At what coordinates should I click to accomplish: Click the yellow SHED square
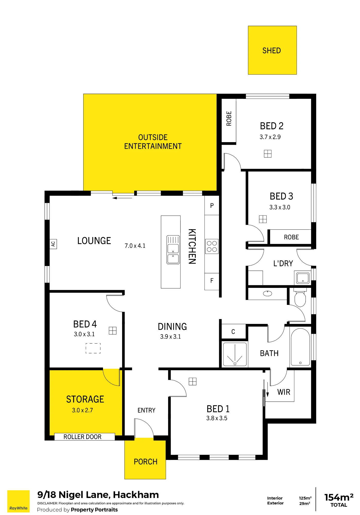coord(272,50)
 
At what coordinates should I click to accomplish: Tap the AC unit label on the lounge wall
coord(53,244)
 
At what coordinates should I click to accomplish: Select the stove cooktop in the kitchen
coord(212,246)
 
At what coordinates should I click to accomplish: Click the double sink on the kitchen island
coord(173,250)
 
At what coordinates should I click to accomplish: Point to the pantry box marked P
coord(212,205)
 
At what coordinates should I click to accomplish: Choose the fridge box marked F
coord(212,281)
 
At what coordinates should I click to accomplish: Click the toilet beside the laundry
coord(300,297)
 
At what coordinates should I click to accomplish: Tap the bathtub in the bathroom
coord(300,347)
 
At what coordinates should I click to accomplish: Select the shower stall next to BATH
coord(235,354)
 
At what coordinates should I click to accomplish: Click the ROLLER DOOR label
coord(82,437)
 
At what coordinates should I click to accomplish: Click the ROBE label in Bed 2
coord(229,118)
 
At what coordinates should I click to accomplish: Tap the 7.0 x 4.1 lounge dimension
coord(135,246)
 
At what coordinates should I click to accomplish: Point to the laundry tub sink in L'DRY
coord(303,278)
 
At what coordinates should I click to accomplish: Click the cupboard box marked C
coord(233,332)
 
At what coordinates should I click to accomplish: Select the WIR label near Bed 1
coord(284,392)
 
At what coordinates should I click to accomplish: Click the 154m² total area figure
coord(339,497)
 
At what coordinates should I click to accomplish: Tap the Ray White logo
coord(18,501)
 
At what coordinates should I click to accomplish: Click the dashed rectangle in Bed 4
coord(93,348)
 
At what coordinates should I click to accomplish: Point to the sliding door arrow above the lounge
coord(122,198)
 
